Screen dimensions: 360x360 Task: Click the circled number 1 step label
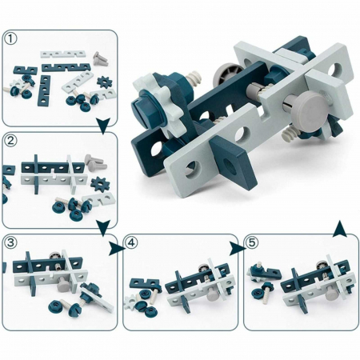click(11, 39)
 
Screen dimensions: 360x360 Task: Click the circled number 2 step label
click(11, 140)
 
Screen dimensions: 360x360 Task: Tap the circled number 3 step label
click(11, 242)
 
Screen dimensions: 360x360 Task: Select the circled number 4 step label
click(131, 242)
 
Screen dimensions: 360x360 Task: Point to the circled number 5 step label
click(252, 242)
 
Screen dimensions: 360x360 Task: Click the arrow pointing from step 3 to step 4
click(116, 249)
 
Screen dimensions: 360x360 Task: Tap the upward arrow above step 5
click(340, 229)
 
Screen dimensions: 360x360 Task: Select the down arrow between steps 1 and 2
click(103, 126)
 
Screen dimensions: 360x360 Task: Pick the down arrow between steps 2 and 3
click(103, 228)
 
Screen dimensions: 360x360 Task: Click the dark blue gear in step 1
click(104, 82)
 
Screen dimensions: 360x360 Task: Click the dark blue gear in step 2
click(100, 183)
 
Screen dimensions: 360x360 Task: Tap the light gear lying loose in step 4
click(131, 301)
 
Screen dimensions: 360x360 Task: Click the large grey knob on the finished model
click(311, 107)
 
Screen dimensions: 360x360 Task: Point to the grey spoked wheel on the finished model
click(226, 75)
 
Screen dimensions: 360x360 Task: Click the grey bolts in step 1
click(101, 59)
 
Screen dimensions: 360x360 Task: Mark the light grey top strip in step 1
click(63, 54)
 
